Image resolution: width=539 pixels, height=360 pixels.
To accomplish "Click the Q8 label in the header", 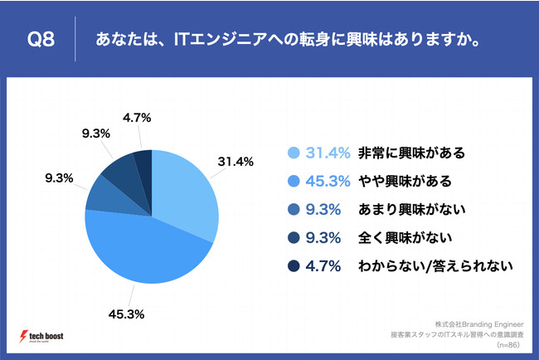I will (x=41, y=39).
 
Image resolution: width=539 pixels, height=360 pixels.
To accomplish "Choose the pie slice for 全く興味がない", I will (x=120, y=169).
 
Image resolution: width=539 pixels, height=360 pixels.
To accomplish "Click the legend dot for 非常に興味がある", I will (x=293, y=153).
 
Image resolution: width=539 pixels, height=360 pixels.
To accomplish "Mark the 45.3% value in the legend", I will (x=324, y=181).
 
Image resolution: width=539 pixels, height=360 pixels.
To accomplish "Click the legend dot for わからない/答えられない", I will (x=293, y=266).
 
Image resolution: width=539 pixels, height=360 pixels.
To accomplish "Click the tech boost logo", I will (x=41, y=336).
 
